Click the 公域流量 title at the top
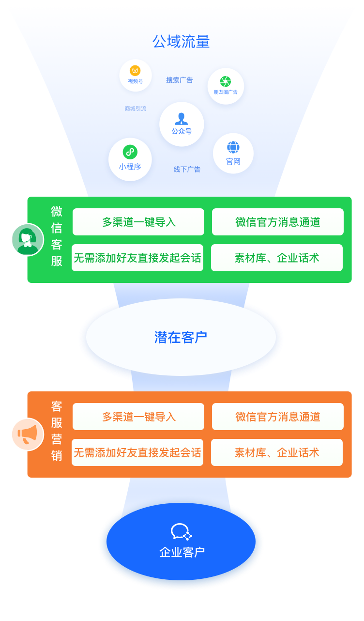click(181, 41)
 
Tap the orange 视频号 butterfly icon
click(135, 71)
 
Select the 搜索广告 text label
click(180, 80)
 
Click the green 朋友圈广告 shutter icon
click(226, 81)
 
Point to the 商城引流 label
click(136, 109)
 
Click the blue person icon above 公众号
click(182, 119)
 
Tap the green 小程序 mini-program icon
click(130, 152)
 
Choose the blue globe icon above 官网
click(233, 147)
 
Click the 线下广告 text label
click(187, 170)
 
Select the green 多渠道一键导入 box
click(138, 222)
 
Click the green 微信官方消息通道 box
click(278, 222)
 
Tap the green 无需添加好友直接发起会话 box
click(137, 258)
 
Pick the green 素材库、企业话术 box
click(277, 258)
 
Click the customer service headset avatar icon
click(28, 240)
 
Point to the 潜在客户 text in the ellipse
click(181, 337)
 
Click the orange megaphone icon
click(28, 435)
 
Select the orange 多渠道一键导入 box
click(138, 417)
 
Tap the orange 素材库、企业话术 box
click(277, 452)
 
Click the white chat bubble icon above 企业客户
click(182, 531)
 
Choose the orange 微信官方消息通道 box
click(278, 417)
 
